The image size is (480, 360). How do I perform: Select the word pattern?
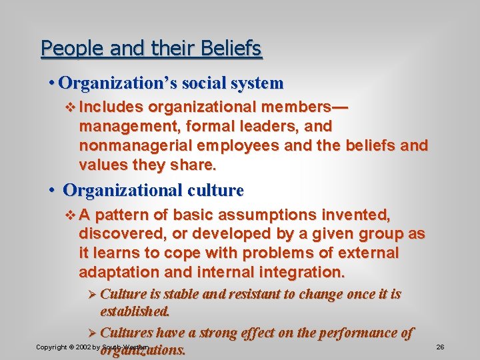click(131, 215)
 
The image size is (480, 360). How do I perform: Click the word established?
click(135, 311)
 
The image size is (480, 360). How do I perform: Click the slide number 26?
click(440, 347)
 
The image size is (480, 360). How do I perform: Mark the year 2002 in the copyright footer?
click(83, 347)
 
